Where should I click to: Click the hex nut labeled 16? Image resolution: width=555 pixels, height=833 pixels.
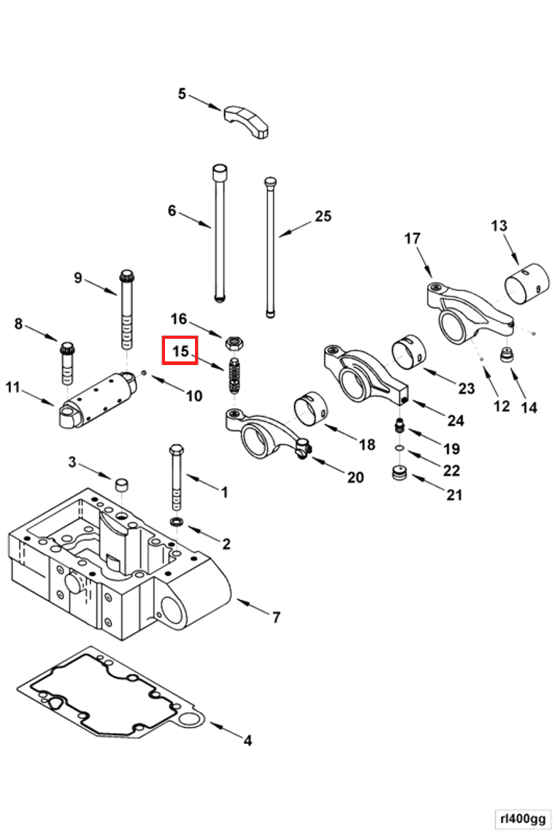[x=235, y=342]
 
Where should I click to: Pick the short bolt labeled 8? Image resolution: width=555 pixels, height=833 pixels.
[x=68, y=361]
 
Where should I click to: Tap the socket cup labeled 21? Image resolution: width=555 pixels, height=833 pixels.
[x=399, y=474]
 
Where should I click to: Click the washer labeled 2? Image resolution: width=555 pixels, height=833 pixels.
[x=177, y=523]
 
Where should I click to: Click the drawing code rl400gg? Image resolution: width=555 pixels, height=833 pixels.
[x=521, y=818]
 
